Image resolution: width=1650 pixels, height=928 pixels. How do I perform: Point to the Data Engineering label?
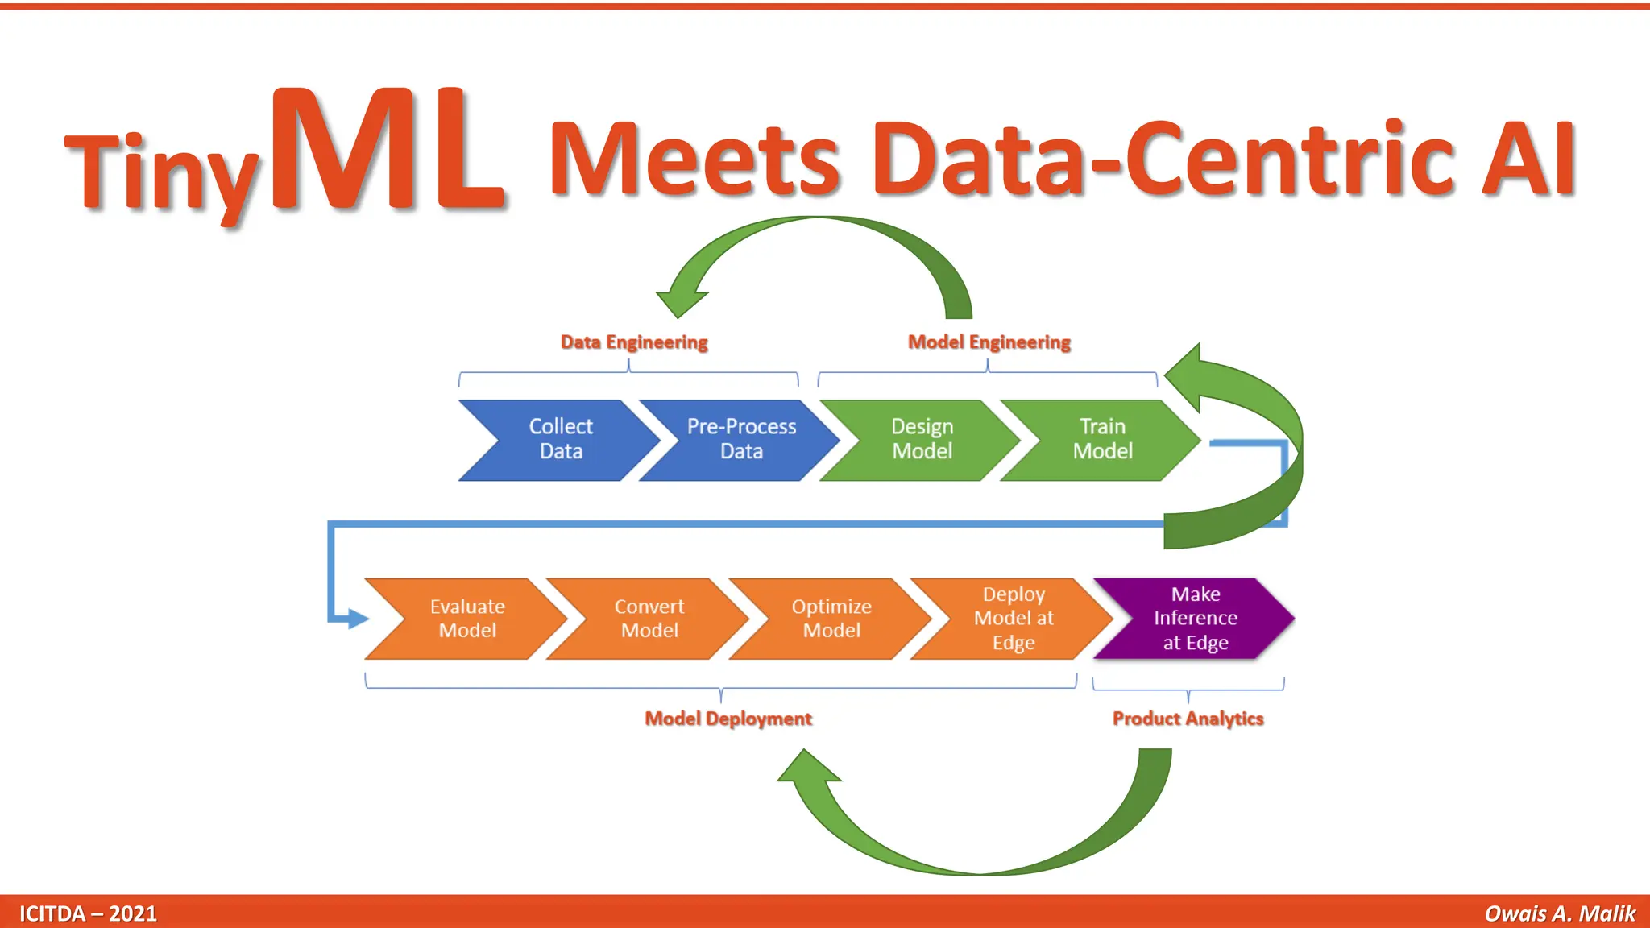(x=634, y=342)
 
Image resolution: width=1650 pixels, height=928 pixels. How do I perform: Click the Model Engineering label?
(x=989, y=342)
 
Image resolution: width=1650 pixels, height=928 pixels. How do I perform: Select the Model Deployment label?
(x=728, y=719)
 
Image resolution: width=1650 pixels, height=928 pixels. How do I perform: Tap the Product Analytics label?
(x=1188, y=719)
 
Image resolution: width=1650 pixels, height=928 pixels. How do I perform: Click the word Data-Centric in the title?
(x=1163, y=159)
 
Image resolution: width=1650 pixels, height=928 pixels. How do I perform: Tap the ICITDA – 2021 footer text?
(x=88, y=913)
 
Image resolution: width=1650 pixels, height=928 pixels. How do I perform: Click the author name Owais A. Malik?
(x=1560, y=913)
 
